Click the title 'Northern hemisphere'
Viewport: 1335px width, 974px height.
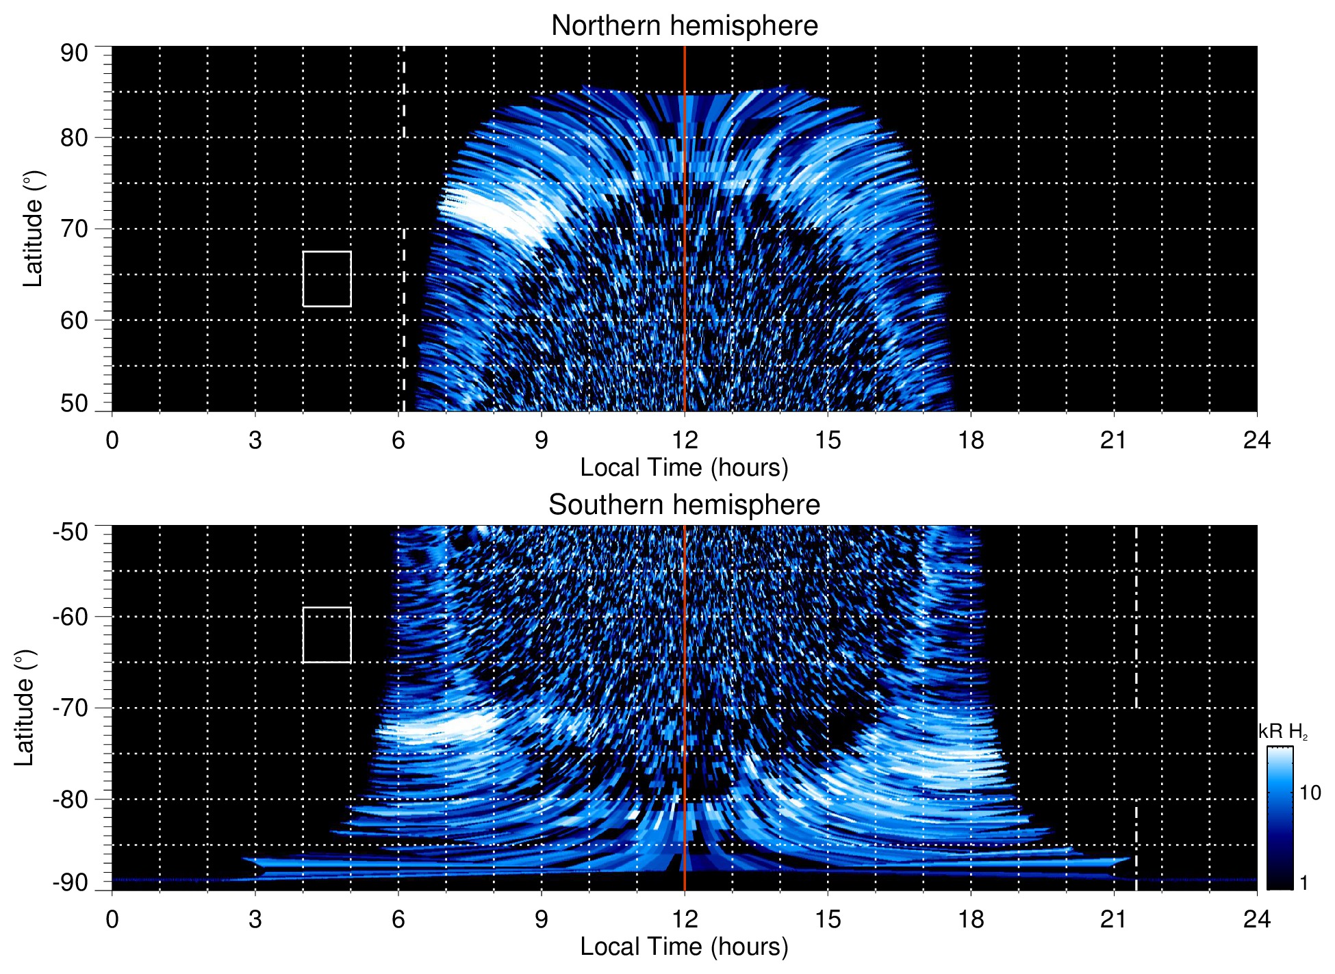click(x=684, y=26)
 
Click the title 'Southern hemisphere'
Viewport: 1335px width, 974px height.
click(x=684, y=505)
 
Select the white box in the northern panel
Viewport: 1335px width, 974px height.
click(x=327, y=279)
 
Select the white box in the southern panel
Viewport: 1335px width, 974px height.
click(x=327, y=635)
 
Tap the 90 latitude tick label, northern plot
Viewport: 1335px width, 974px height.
click(x=74, y=53)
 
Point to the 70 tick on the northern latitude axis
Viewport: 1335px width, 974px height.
click(x=74, y=229)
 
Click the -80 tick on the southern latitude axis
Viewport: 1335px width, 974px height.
click(x=70, y=799)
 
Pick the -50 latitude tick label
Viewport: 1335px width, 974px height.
click(x=70, y=532)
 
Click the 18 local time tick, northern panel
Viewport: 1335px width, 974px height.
click(x=971, y=440)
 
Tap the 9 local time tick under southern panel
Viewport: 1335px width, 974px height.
click(x=542, y=919)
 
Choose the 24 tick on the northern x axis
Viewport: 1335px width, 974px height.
click(x=1256, y=440)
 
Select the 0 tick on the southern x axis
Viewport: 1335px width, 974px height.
click(x=112, y=919)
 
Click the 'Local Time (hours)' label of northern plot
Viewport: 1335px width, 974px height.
click(x=684, y=467)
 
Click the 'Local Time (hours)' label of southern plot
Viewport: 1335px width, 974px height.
click(x=684, y=947)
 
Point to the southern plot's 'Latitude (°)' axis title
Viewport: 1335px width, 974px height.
click(x=25, y=708)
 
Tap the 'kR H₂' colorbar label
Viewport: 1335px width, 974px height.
click(x=1282, y=732)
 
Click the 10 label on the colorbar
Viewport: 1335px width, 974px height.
click(x=1310, y=793)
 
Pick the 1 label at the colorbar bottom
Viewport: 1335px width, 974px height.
click(x=1304, y=883)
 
